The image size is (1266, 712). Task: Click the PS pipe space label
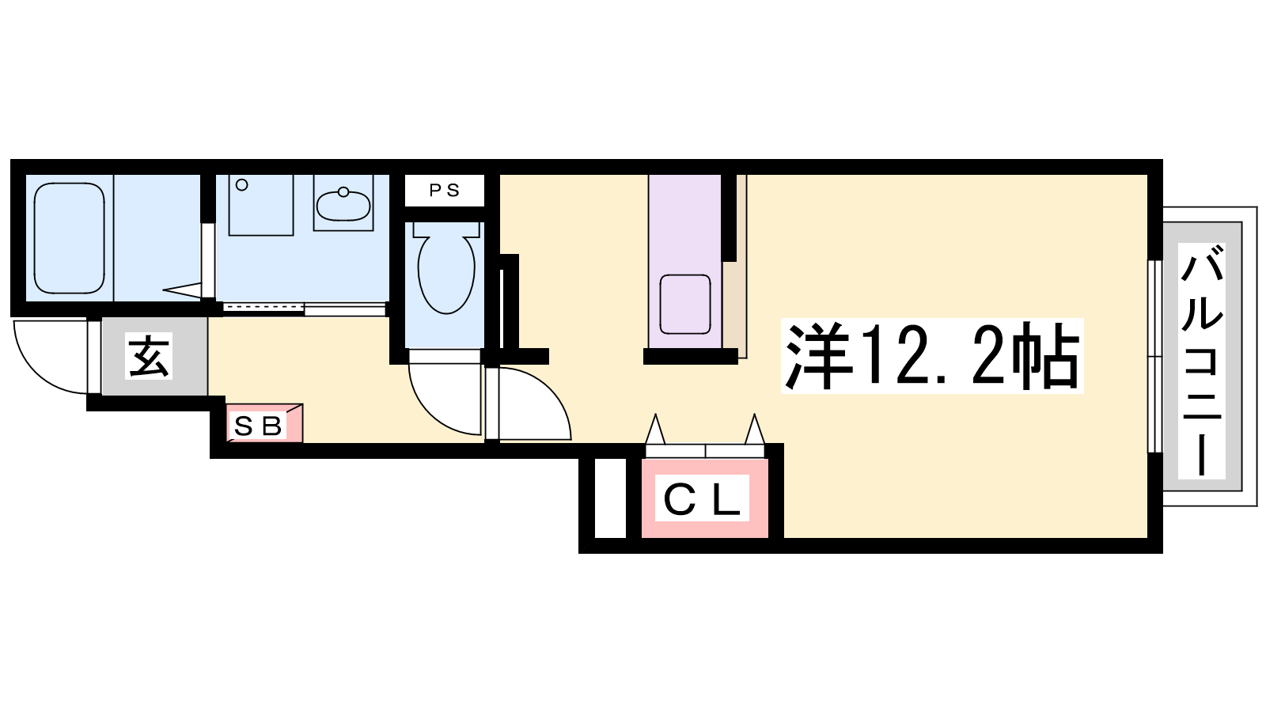pos(444,191)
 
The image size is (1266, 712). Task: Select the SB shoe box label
pos(258,426)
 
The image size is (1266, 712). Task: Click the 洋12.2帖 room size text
pos(932,356)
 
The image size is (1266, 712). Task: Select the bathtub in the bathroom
pos(70,238)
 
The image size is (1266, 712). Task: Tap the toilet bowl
pos(446,274)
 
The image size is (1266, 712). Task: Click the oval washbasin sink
pos(343,205)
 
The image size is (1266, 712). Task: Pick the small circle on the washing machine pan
pos(242,185)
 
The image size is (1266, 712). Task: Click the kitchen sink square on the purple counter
pos(685,304)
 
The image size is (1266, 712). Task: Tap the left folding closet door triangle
pos(656,429)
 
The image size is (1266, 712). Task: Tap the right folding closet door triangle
pos(755,429)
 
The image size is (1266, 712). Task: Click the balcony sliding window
pos(1154,356)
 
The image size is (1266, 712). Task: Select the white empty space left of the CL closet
pos(610,498)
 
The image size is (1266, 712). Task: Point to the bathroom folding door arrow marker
pos(182,290)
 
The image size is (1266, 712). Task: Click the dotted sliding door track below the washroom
pos(263,308)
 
